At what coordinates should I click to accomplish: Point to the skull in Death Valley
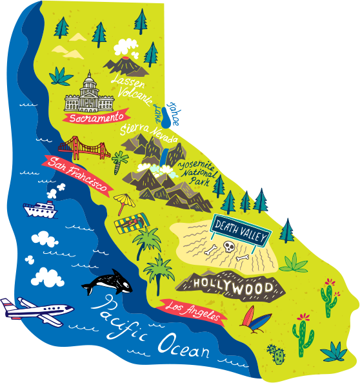point(229,247)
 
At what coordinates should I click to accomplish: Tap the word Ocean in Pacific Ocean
point(185,345)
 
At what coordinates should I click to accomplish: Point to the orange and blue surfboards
point(251,317)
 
